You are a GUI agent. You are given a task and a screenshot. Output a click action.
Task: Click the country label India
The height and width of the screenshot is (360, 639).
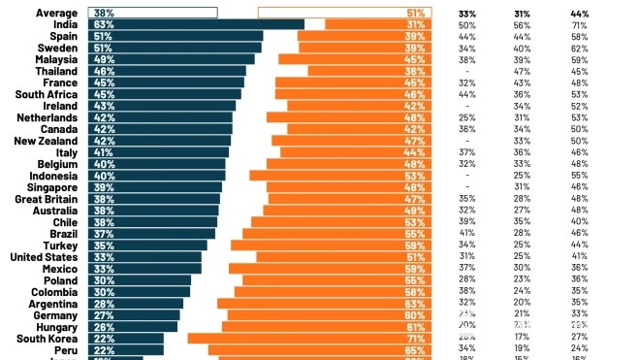coord(64,24)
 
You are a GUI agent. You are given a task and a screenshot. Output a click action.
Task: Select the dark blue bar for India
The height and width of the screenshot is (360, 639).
coord(194,24)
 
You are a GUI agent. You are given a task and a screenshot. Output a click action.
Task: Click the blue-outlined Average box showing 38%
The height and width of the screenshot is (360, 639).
coord(152,13)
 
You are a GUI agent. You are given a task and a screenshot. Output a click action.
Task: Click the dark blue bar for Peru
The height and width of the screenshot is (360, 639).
coord(125,349)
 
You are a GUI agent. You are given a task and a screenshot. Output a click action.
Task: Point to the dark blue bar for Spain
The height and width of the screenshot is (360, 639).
coord(175,36)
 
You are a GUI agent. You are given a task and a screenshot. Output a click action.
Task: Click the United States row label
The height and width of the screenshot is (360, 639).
coord(44,257)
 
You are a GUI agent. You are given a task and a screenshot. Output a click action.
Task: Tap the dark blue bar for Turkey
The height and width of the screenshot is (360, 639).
coord(147,245)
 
